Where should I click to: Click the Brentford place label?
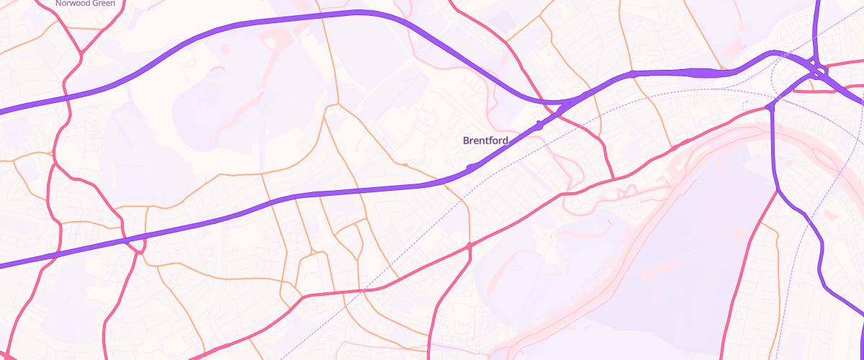485,140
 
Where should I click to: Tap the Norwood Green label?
85,4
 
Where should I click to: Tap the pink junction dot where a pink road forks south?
469,247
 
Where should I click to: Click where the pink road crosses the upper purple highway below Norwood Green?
66,96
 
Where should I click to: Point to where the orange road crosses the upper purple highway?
325,16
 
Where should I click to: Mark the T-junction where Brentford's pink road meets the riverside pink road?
613,179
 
